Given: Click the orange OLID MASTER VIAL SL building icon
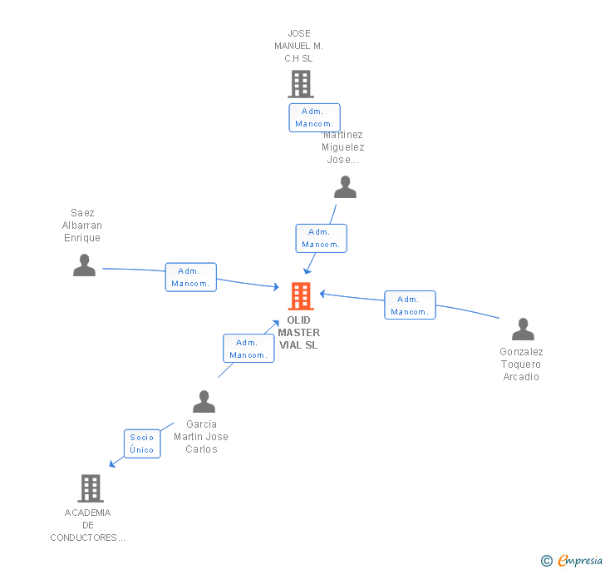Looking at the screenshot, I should [300, 295].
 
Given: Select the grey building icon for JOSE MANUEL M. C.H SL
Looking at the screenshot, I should [300, 83].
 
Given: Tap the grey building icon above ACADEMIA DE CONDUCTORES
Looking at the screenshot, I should [90, 488].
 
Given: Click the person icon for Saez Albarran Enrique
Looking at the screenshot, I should [84, 265].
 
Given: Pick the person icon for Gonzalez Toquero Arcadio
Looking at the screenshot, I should [523, 330].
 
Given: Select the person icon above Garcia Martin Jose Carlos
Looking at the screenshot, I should [204, 402].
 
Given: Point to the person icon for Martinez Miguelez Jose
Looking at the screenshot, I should [345, 187].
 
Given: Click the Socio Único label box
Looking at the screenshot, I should [142, 444].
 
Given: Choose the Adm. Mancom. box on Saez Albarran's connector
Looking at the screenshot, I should [190, 277].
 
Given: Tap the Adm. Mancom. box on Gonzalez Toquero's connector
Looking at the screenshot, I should [410, 305].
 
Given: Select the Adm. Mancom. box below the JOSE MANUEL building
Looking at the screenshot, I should [314, 117].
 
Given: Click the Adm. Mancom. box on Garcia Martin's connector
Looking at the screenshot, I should [248, 348].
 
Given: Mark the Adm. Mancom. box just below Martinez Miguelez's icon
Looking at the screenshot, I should [321, 238].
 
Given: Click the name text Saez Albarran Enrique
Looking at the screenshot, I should [82, 226].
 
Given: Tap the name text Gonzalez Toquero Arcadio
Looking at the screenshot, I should [521, 364].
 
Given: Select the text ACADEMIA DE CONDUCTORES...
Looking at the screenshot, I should [88, 525].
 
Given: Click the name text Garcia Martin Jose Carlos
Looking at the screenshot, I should [201, 437].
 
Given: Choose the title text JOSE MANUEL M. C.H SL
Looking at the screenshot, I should [298, 47].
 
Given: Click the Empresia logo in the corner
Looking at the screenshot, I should [573, 561].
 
